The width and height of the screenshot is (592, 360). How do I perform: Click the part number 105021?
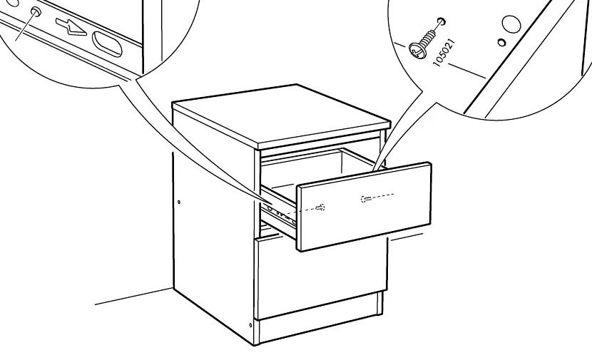(444, 53)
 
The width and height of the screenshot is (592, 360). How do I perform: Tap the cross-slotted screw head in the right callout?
(417, 51)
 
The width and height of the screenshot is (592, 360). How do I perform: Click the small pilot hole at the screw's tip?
(442, 21)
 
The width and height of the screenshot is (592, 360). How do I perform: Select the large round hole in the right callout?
(511, 24)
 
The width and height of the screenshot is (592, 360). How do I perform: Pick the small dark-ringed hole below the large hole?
(501, 42)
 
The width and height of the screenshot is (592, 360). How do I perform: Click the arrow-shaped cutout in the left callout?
(71, 27)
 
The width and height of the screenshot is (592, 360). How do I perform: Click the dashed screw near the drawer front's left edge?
(320, 207)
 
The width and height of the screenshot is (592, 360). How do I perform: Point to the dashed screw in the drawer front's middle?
(365, 199)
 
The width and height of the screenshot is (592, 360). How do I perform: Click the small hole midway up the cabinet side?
(179, 202)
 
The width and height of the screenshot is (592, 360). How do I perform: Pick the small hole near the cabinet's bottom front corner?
(250, 325)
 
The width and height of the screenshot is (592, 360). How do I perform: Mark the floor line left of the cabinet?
(133, 296)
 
